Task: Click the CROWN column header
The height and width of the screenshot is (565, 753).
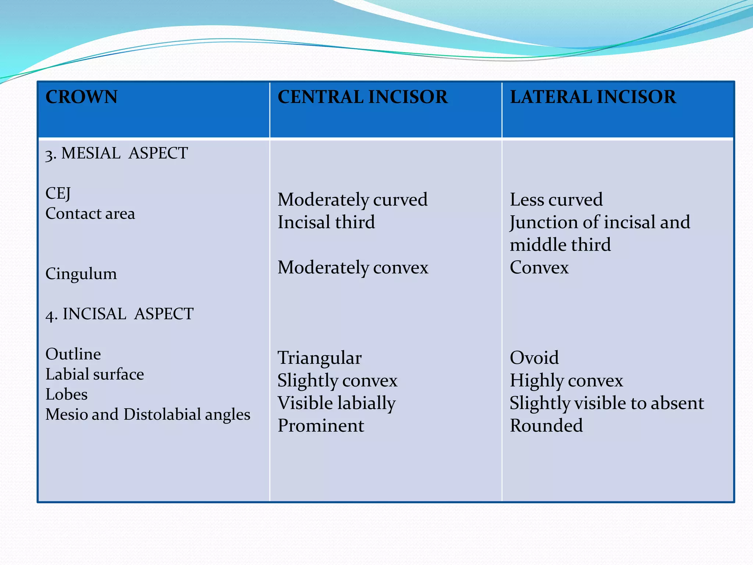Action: [81, 97]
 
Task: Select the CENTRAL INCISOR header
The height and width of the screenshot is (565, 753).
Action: [363, 97]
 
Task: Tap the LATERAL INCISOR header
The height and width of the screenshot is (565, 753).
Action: [593, 97]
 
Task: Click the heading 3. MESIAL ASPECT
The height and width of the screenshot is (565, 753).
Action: [117, 153]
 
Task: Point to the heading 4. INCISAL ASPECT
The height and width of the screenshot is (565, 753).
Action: [119, 314]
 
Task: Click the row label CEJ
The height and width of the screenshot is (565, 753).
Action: [58, 193]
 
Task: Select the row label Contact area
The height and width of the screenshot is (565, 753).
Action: [90, 214]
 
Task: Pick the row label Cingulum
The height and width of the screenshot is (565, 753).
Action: [81, 274]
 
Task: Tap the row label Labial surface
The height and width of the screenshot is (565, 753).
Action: [94, 374]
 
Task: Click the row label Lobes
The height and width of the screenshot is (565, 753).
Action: [67, 394]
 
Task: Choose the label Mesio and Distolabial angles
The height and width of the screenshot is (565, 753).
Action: [148, 415]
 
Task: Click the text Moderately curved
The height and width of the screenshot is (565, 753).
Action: [353, 200]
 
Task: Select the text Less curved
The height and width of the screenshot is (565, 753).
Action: [556, 200]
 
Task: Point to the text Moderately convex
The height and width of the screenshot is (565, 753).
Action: [353, 267]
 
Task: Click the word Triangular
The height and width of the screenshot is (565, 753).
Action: [320, 358]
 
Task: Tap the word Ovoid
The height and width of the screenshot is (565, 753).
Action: [534, 358]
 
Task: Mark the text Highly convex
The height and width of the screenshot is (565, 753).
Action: [566, 381]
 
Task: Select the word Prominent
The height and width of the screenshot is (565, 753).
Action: [321, 426]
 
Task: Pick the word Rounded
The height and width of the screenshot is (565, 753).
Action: [546, 426]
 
